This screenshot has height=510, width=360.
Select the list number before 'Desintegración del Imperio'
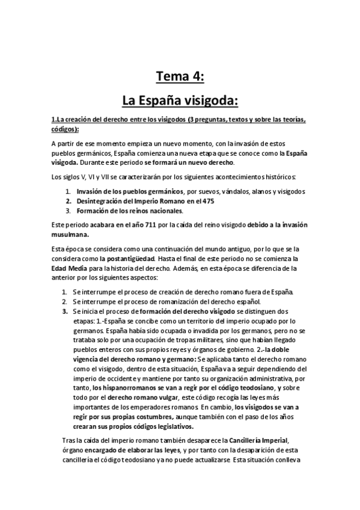point(69,201)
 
